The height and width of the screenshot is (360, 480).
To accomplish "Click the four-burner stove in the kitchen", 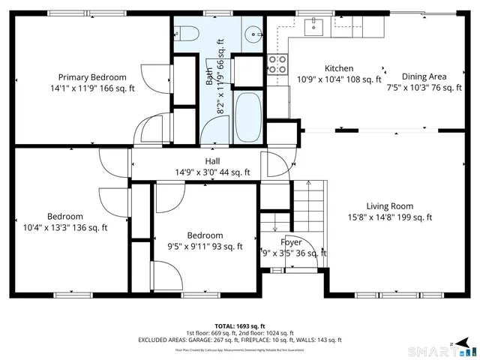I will coord(277,64).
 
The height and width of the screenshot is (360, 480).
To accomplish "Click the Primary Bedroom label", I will coord(92,77).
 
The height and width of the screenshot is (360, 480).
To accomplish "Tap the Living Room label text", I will coord(389,206).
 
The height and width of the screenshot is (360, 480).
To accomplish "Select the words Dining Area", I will coord(424,76).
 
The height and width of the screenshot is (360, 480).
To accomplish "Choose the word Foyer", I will coord(291,242).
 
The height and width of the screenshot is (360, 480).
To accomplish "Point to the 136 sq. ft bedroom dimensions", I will coord(65,228).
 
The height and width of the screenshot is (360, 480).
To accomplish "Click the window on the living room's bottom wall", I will coord(388,294).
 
